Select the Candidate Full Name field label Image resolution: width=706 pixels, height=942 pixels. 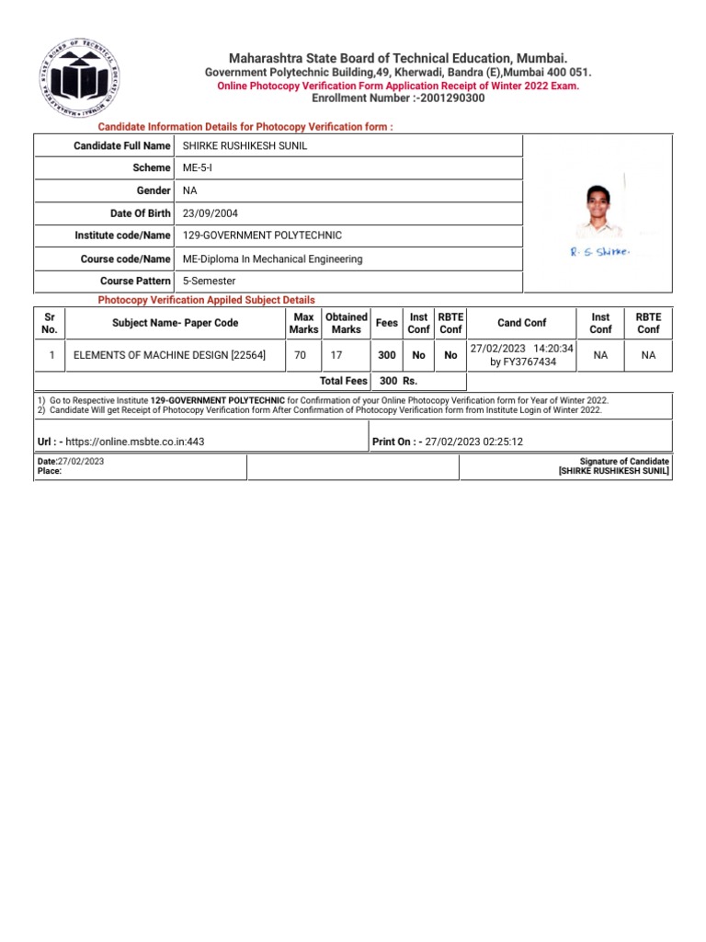(x=122, y=145)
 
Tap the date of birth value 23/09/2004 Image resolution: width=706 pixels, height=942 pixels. (x=211, y=213)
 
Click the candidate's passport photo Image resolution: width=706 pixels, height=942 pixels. (x=598, y=211)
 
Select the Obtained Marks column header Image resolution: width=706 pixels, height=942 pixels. (x=347, y=323)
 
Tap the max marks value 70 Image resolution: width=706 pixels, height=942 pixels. (x=300, y=355)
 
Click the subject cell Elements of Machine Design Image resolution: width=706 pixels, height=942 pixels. (x=169, y=355)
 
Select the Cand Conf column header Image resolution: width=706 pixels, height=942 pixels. (x=521, y=323)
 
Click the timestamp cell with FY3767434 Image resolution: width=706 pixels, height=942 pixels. (x=521, y=355)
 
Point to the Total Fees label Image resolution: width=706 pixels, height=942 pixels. (x=343, y=380)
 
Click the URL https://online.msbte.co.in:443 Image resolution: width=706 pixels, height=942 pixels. (x=135, y=442)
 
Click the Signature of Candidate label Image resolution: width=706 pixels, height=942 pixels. (x=625, y=461)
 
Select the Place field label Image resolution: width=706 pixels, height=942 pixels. (x=49, y=471)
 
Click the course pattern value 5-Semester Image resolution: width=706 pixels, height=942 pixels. (x=210, y=281)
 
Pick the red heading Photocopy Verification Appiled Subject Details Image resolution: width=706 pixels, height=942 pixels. (x=206, y=300)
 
